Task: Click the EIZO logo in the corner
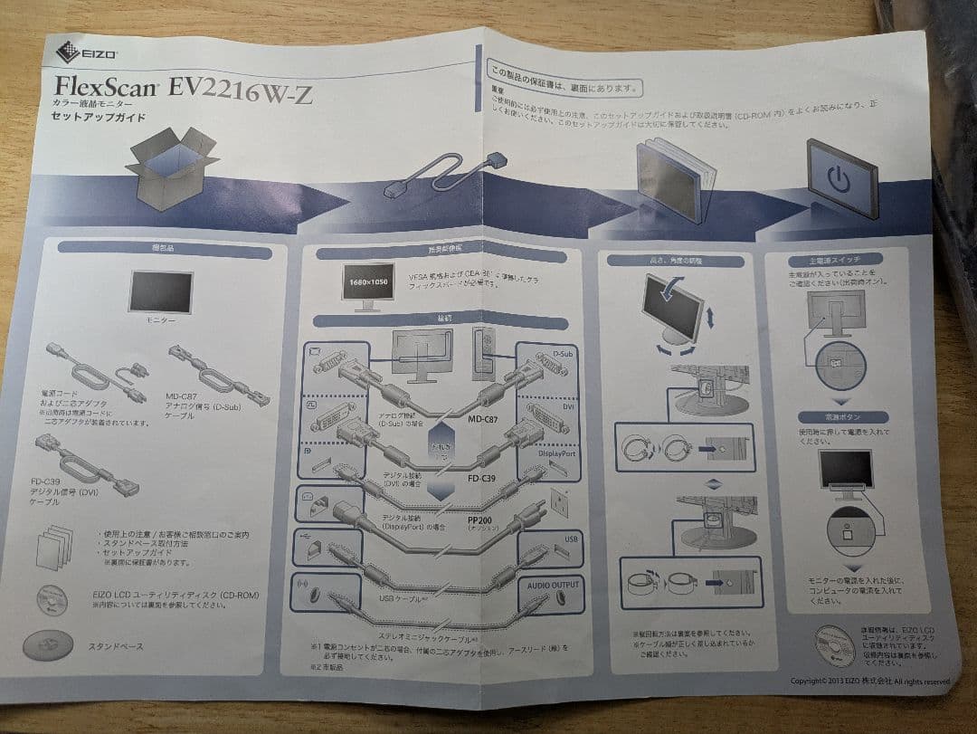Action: pyautogui.click(x=87, y=52)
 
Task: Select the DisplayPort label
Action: pyautogui.click(x=555, y=453)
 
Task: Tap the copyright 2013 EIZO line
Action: pyautogui.click(x=869, y=680)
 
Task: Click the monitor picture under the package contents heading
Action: pyautogui.click(x=160, y=292)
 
